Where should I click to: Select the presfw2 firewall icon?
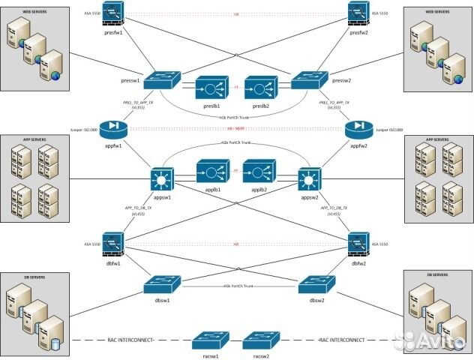click(x=357, y=13)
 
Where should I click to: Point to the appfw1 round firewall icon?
click(x=115, y=127)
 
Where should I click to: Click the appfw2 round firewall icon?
click(x=358, y=127)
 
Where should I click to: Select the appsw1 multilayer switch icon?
click(x=163, y=179)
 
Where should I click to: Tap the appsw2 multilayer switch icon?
click(x=310, y=179)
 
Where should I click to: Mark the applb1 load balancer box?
click(x=211, y=172)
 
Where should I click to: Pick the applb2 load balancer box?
click(x=259, y=172)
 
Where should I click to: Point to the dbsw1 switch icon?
click(x=162, y=283)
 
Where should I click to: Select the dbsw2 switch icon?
click(x=313, y=283)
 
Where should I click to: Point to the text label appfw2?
click(x=358, y=147)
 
